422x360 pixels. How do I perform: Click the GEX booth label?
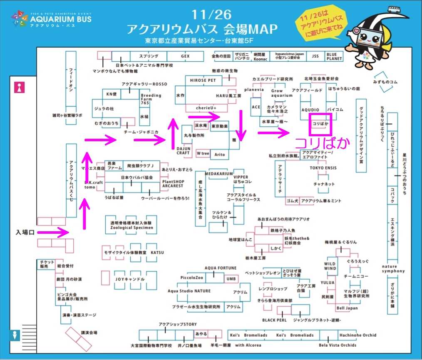185,56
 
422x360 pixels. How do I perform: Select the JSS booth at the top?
315,56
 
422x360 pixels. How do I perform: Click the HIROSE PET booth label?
203,80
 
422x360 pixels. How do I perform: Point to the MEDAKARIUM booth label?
218,174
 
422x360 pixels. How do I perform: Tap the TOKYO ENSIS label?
323,168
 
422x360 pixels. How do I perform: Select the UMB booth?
231,279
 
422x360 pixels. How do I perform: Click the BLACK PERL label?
274,320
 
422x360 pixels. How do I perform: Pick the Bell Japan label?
347,308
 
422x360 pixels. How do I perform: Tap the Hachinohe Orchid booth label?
357,335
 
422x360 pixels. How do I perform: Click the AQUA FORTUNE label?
220,268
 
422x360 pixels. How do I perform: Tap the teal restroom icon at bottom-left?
15,335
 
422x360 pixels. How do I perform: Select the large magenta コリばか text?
322,143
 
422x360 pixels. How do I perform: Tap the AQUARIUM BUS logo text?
61,19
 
